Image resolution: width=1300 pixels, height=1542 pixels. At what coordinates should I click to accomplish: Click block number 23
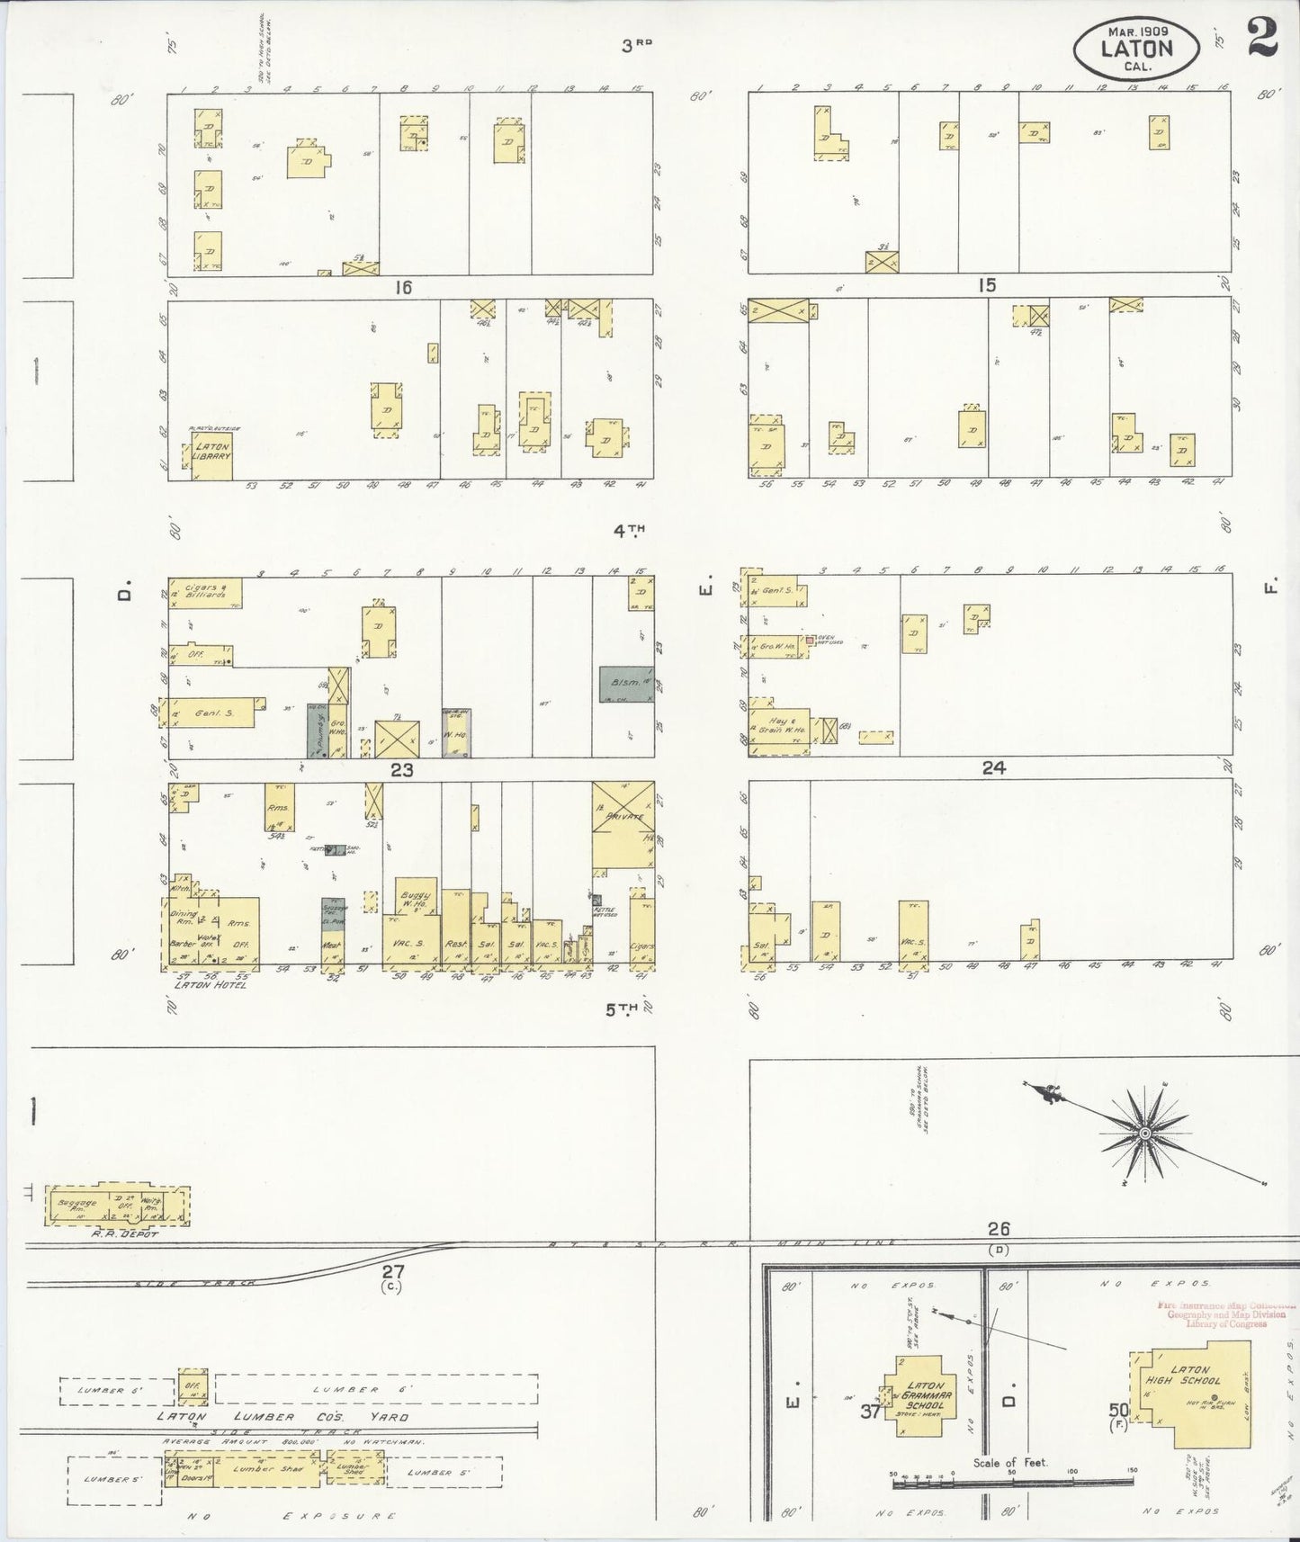(401, 769)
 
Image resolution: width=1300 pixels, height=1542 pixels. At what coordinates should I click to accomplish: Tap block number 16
(401, 287)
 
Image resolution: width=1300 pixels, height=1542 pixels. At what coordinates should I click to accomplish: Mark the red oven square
(810, 640)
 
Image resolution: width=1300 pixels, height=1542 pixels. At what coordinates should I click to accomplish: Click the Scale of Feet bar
(1013, 1479)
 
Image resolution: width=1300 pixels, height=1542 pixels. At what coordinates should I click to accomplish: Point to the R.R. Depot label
(131, 1233)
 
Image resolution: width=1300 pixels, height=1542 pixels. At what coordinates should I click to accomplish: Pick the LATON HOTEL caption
(209, 985)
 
